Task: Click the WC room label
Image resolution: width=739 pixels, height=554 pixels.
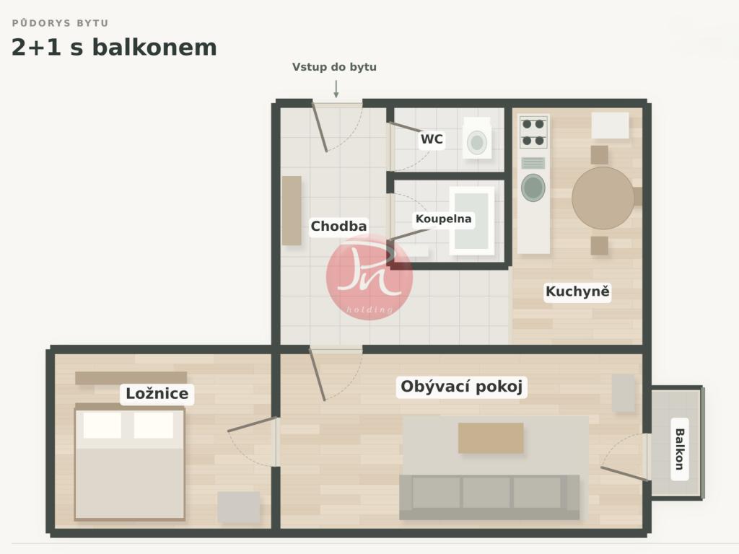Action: pos(432,139)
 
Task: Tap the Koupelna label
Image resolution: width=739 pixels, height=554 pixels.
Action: pos(443,219)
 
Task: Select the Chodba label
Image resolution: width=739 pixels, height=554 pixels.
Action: pos(338,226)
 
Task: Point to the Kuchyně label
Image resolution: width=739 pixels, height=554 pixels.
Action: pos(577,291)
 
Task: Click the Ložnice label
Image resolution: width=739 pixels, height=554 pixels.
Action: pos(157,393)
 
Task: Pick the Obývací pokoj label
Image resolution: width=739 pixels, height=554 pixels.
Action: pos(461,387)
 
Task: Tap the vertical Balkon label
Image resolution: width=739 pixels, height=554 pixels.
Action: pos(679,449)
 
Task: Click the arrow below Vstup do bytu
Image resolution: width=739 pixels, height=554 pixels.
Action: pos(336,89)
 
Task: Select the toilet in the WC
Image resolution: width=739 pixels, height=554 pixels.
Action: pos(477,138)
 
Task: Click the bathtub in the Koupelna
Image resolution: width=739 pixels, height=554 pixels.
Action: pos(472,221)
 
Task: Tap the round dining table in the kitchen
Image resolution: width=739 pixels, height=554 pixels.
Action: pos(603,198)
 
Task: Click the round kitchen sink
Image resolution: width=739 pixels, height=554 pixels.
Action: pos(533,188)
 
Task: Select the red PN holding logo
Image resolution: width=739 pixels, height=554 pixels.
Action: pos(369,277)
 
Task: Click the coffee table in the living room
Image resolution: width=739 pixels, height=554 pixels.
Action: pos(491,438)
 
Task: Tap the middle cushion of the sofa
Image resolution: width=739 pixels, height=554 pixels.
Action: pos(486,492)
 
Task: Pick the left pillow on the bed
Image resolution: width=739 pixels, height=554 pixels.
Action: pos(102,425)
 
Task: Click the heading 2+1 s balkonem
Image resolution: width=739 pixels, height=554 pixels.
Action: pos(114,48)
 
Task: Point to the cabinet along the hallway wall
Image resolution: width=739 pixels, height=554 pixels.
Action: pos(292,211)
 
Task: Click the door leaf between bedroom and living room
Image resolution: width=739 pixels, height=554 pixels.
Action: pos(252,424)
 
